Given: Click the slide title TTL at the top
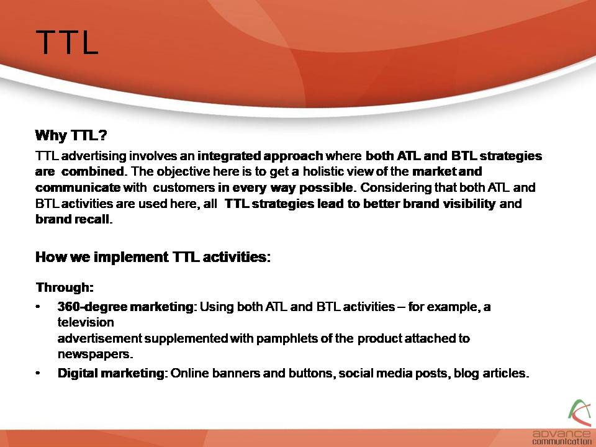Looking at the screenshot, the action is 67,42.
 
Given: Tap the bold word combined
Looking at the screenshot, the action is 93,171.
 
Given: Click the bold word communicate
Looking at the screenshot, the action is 78,187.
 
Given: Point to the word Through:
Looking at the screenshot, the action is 65,287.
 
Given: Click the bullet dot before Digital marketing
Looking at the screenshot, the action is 38,373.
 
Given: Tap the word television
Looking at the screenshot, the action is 86,322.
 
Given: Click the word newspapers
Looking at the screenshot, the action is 95,354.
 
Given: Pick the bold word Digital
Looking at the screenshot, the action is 78,373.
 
